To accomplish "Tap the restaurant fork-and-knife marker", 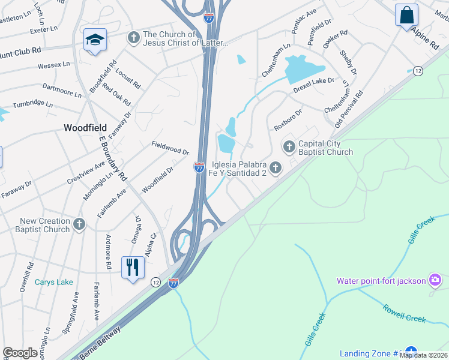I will click(133, 266).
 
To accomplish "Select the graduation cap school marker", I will click(95, 40).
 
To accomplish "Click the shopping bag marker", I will click(406, 14).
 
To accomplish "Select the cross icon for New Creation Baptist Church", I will click(79, 224).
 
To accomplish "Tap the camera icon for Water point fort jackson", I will click(435, 280).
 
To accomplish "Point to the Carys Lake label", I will click(53, 282).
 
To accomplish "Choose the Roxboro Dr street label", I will click(288, 119).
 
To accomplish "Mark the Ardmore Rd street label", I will click(109, 251).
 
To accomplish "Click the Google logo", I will click(20, 353).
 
